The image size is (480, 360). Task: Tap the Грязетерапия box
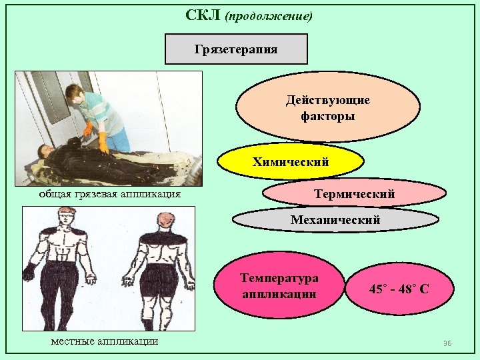(236, 49)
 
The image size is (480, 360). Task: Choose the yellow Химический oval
(291, 162)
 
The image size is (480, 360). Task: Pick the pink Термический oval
(354, 194)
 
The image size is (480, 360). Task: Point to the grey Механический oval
(335, 219)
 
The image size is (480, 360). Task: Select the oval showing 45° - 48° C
(399, 289)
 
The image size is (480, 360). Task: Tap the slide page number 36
(447, 343)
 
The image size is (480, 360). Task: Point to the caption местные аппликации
(105, 341)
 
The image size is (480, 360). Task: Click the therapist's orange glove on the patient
(103, 142)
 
